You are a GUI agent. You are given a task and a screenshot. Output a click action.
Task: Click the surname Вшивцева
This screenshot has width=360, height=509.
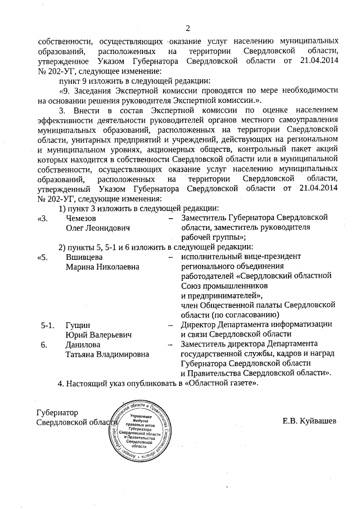(83, 256)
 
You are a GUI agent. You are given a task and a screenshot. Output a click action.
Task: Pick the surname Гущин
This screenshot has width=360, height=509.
(78, 325)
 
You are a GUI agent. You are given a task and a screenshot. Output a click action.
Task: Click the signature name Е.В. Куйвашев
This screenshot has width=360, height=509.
(310, 421)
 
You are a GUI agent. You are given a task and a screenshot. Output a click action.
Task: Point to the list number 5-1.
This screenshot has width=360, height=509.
(47, 325)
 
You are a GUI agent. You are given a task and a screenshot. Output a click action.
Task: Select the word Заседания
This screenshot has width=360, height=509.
(91, 90)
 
